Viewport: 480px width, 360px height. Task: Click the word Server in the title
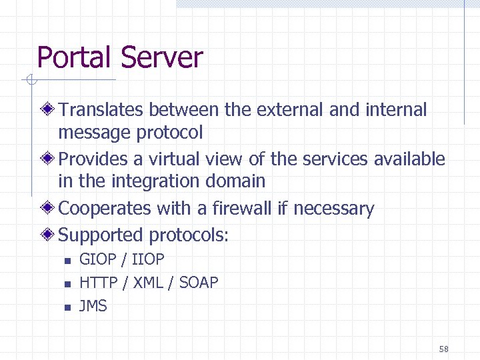(x=162, y=57)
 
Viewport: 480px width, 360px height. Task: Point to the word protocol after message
(x=169, y=133)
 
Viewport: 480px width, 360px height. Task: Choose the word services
(x=335, y=159)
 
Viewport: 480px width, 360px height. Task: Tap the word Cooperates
(x=105, y=209)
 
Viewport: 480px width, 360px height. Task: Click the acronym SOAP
(x=199, y=283)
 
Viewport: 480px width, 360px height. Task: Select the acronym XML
(x=148, y=283)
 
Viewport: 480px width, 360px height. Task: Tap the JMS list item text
(x=93, y=306)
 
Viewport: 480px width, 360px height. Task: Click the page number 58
(x=444, y=349)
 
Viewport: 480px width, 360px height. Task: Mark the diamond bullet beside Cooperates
(x=49, y=209)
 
